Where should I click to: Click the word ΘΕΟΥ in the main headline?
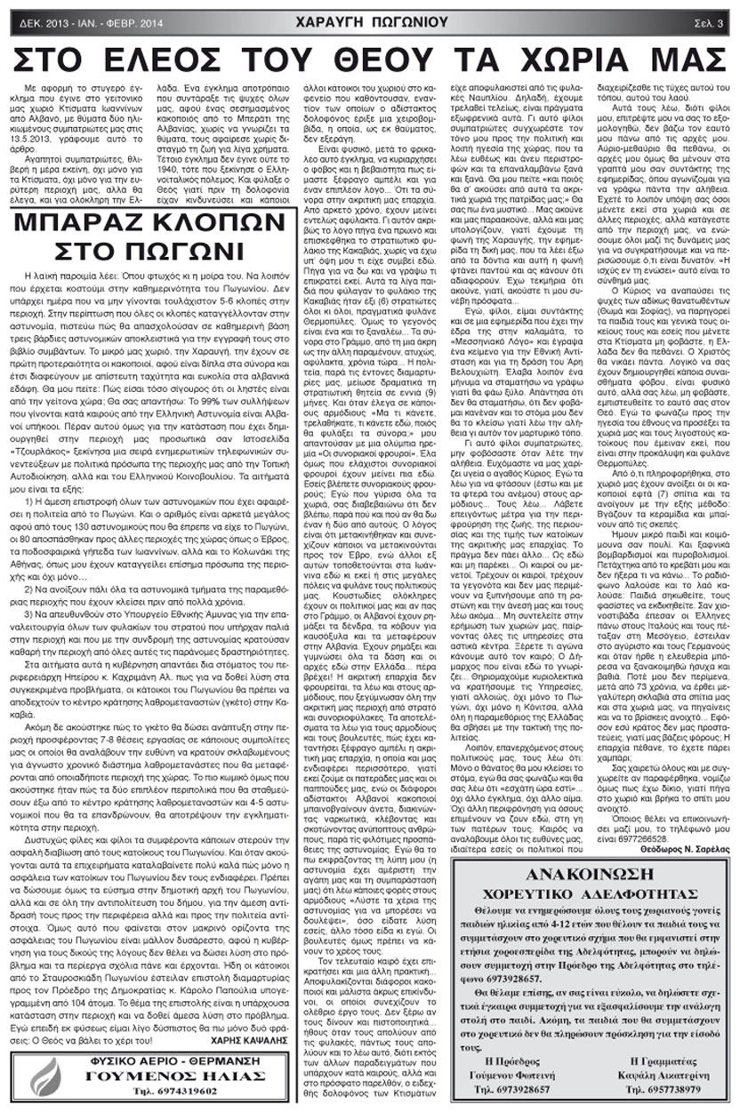tap(400, 59)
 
